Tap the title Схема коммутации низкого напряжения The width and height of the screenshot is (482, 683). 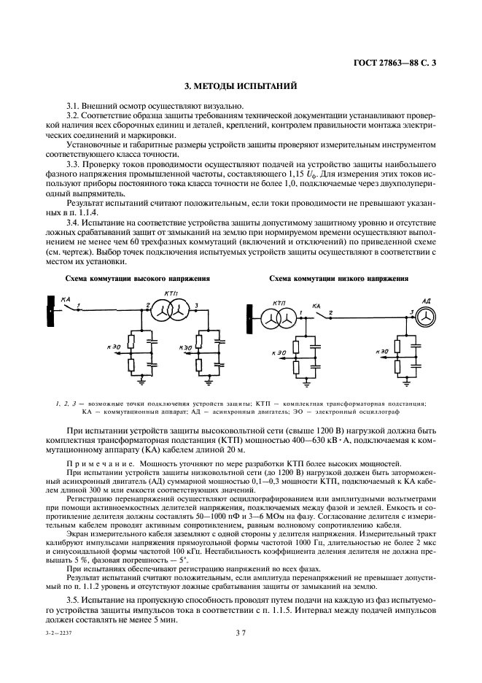(x=338, y=279)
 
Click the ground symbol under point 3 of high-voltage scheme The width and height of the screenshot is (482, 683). (x=209, y=379)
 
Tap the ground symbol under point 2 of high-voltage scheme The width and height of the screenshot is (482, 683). (x=141, y=379)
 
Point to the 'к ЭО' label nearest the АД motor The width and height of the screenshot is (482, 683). (x=381, y=351)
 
